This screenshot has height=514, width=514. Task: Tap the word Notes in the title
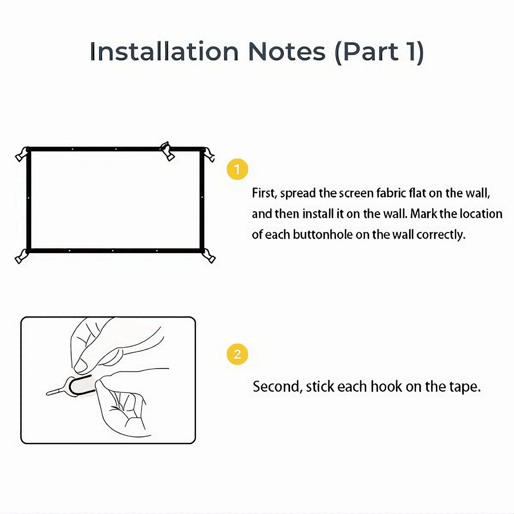[x=287, y=52]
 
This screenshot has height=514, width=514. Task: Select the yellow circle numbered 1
[x=237, y=169]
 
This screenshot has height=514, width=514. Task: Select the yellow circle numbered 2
[x=237, y=354]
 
